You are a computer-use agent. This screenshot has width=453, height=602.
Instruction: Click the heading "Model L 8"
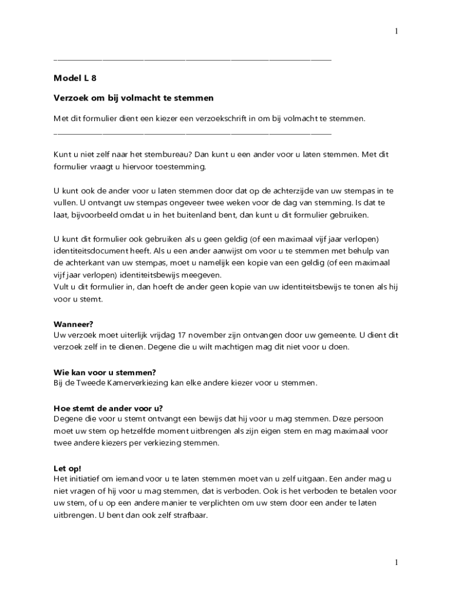coord(75,77)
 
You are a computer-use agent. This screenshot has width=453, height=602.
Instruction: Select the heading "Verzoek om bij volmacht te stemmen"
coord(134,98)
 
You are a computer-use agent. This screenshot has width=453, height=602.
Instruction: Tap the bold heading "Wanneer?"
coord(74,324)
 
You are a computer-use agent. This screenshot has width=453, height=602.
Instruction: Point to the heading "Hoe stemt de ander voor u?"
coord(108,409)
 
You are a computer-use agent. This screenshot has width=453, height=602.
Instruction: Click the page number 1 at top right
coord(397,31)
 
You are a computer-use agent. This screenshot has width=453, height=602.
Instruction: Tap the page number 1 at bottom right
coord(397,563)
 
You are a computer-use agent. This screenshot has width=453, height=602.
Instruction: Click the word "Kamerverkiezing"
coord(141,383)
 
